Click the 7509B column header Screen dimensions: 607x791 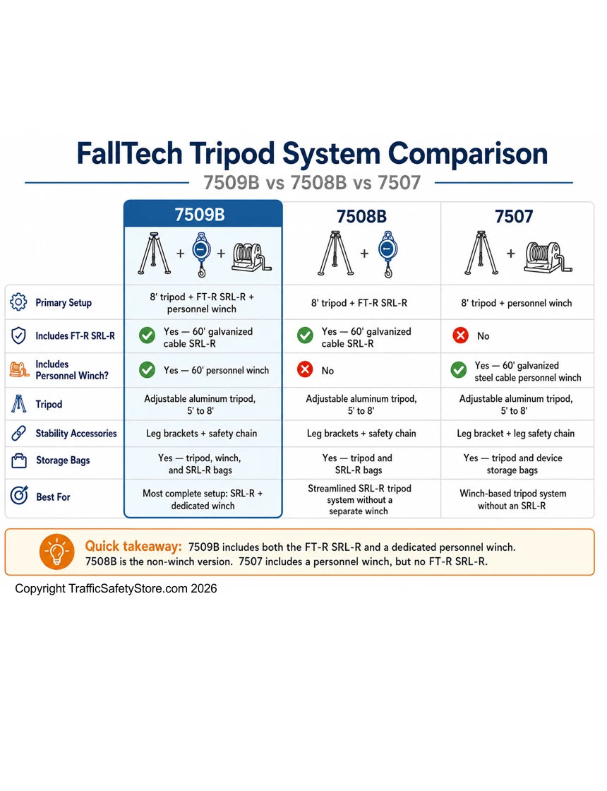pyautogui.click(x=200, y=215)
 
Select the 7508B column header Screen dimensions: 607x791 pyautogui.click(x=361, y=216)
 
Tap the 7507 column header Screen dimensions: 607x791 pyautogui.click(x=514, y=216)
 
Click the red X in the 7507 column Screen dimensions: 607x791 pyautogui.click(x=460, y=335)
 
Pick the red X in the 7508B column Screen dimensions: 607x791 pyautogui.click(x=305, y=370)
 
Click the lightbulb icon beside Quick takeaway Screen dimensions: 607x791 pyautogui.click(x=57, y=552)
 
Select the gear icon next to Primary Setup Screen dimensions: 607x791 pyautogui.click(x=18, y=302)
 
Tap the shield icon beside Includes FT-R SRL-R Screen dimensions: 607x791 pyautogui.click(x=18, y=335)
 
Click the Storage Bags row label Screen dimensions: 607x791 pyautogui.click(x=63, y=460)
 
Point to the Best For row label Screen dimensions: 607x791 pyautogui.click(x=53, y=497)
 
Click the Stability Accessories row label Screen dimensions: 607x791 pyautogui.click(x=76, y=434)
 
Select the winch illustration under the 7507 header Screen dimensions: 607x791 pyautogui.click(x=548, y=257)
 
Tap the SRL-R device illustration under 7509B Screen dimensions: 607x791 pyautogui.click(x=201, y=254)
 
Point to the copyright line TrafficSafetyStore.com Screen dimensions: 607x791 pyautogui.click(x=116, y=589)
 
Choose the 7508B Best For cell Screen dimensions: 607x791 pyautogui.click(x=359, y=499)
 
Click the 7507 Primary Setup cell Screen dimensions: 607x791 pyautogui.click(x=516, y=303)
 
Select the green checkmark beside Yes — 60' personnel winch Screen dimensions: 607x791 pyautogui.click(x=148, y=370)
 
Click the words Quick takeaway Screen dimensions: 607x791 pyautogui.click(x=133, y=547)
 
